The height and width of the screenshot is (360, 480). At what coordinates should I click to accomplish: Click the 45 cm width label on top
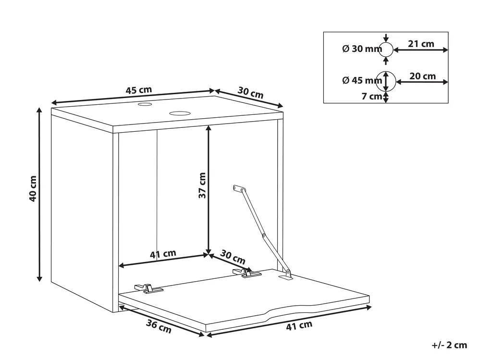(x=139, y=90)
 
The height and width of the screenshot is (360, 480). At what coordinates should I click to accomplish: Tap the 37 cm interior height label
(x=202, y=185)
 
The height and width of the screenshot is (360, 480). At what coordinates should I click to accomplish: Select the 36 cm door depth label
(x=159, y=326)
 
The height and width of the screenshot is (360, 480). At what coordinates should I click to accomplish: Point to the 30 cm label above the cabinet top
(x=250, y=92)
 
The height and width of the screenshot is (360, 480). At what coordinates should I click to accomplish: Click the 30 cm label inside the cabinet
(x=233, y=257)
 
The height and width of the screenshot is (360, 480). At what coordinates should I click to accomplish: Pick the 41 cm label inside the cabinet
(x=163, y=254)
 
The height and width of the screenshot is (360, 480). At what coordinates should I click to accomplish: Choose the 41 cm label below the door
(x=299, y=325)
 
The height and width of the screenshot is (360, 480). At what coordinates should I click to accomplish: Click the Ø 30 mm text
(x=362, y=49)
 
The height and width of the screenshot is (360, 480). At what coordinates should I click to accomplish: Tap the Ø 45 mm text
(x=362, y=80)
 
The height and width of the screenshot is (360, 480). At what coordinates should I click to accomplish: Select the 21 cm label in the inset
(x=421, y=44)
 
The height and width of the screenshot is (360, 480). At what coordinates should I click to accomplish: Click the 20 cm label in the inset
(x=422, y=76)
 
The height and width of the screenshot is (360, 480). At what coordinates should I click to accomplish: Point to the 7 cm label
(x=371, y=96)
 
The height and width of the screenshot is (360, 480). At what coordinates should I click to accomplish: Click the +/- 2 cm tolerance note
(x=449, y=345)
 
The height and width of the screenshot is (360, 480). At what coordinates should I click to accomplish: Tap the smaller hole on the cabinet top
(x=145, y=105)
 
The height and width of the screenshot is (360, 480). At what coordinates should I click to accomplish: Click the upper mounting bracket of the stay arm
(x=239, y=188)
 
